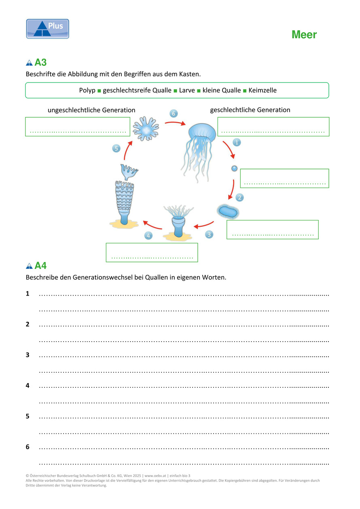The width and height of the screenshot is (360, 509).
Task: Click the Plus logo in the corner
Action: coord(48,29)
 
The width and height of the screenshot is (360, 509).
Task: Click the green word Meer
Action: coord(304,35)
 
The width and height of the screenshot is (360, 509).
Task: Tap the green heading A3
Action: coord(40,63)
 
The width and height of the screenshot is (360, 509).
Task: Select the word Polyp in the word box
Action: coord(87,91)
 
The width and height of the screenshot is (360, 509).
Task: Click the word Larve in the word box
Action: coord(187,91)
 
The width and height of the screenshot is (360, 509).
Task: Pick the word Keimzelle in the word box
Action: coord(263,91)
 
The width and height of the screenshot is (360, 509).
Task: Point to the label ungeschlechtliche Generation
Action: coord(91,110)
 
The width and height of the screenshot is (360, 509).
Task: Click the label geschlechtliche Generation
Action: coord(250,110)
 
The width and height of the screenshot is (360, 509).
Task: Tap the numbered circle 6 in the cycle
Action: coord(174,114)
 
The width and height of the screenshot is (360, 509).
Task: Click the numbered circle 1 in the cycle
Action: coord(237,142)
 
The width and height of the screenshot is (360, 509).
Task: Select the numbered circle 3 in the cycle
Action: coord(209,234)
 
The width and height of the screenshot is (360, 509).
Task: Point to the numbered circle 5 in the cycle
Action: coord(116,148)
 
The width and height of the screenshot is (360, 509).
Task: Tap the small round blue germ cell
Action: coord(234,169)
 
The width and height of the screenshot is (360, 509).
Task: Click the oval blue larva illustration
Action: coord(228,211)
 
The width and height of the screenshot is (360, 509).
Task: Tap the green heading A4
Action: coord(40,266)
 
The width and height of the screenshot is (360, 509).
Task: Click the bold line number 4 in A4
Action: coord(28,386)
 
